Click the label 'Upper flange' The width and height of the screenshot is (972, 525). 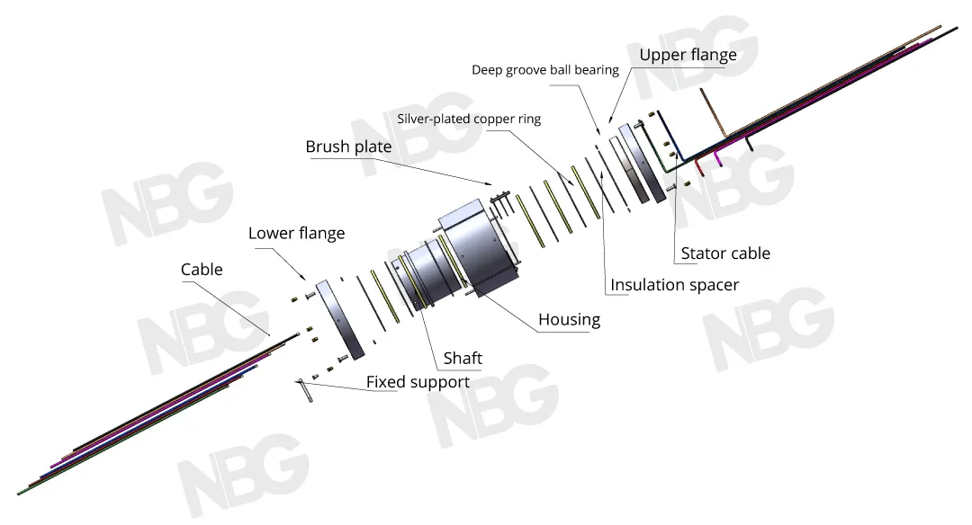(688, 56)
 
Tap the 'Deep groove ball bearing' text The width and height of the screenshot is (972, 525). (545, 70)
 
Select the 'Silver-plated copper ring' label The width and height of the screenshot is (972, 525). (469, 119)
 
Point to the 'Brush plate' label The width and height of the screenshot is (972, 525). (348, 147)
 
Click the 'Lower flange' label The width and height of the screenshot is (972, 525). (296, 234)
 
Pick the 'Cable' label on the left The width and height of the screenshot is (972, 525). (202, 270)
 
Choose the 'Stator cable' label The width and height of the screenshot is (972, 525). (725, 254)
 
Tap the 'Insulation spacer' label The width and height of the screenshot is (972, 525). (674, 286)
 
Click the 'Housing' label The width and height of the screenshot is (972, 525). (569, 320)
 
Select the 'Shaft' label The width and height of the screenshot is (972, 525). (463, 359)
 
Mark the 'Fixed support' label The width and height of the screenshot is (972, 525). (418, 383)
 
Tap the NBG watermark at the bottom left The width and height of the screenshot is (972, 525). (238, 475)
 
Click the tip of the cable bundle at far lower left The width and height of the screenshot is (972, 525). (20, 493)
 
